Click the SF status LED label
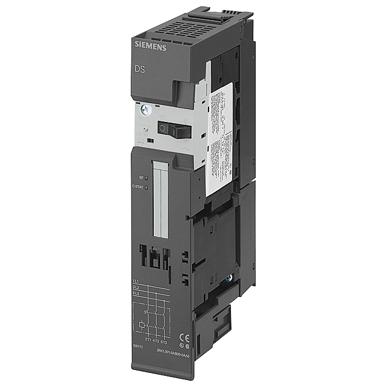click(141, 177)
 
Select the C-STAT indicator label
click(137, 187)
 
